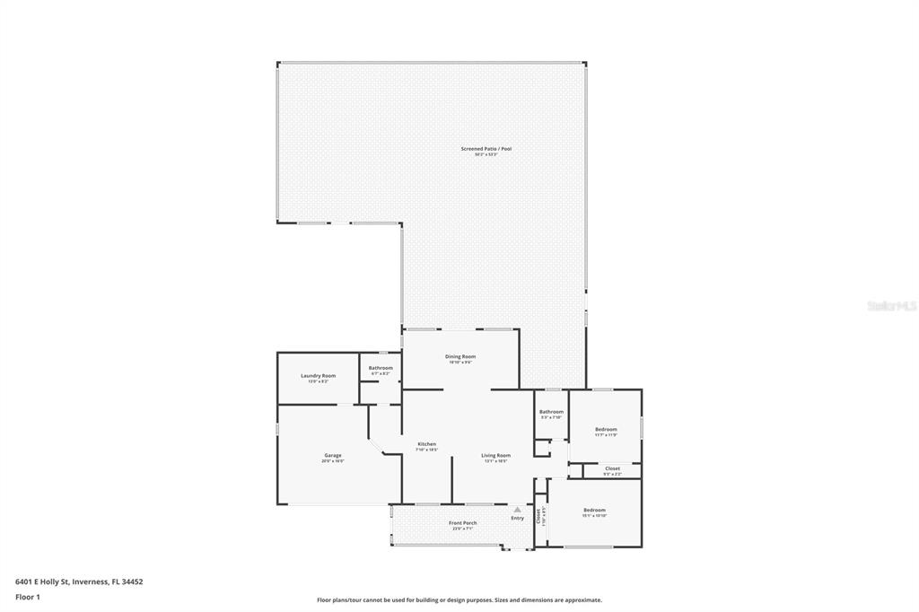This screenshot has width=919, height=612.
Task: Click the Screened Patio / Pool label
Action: point(486,149)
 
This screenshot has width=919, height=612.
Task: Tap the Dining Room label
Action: point(460,356)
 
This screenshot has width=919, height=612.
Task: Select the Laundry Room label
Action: point(318,375)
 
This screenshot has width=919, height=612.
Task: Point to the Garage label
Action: point(333,455)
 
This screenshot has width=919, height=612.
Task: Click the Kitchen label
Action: point(427,444)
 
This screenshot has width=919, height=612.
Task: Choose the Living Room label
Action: point(495,455)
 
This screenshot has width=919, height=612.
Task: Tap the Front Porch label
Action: point(463,522)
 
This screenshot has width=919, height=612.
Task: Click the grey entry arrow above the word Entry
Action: point(517,509)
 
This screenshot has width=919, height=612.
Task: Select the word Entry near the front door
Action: point(518,518)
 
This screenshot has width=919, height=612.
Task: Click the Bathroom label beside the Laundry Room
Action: point(381,367)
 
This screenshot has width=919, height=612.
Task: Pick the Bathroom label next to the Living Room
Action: point(551,411)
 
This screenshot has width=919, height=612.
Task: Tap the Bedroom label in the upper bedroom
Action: point(606,429)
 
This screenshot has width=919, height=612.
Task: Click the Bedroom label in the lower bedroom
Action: point(594,510)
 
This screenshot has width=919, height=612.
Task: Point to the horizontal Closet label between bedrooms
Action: point(612,468)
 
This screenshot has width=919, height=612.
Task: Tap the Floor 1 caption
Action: point(29,597)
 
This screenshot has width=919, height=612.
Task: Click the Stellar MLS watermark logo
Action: point(891,306)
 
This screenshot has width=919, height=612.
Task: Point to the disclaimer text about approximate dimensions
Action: point(459,600)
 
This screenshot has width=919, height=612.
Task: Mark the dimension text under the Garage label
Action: point(333,460)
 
